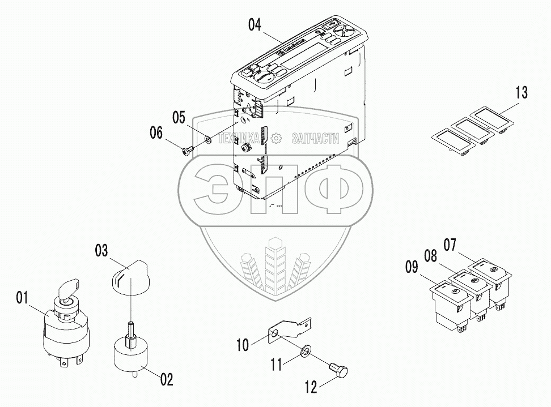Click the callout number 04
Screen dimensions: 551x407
coord(255,24)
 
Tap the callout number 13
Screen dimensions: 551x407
coord(521,91)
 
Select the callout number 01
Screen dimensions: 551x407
coord(22,296)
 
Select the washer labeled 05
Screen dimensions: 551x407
coord(208,138)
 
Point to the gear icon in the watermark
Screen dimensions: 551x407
coord(276,138)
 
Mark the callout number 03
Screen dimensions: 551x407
coord(101,250)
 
